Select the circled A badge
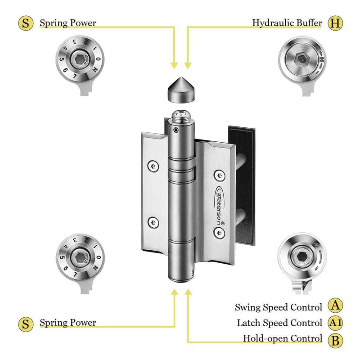[x=334, y=307]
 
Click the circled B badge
[x=334, y=339]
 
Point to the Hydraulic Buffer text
[x=287, y=22]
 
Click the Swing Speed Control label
[x=279, y=307]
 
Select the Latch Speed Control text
[x=279, y=323]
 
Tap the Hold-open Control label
[x=283, y=338]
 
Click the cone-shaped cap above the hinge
[x=180, y=90]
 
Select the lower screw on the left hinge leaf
[x=153, y=221]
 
